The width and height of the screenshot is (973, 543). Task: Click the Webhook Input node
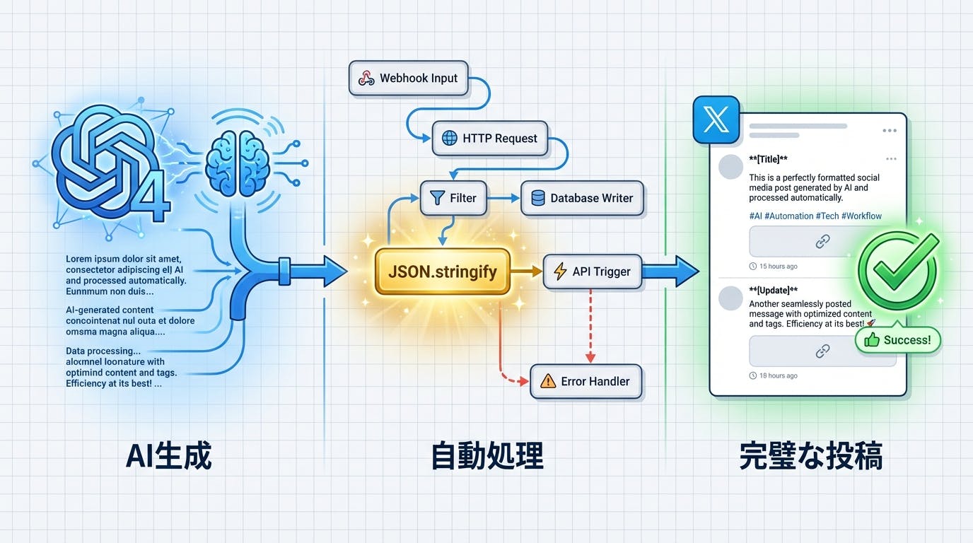(x=408, y=78)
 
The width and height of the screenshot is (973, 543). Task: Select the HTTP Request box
(x=490, y=139)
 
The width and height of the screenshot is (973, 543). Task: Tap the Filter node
(x=453, y=198)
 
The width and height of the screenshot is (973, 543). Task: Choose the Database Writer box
(x=582, y=198)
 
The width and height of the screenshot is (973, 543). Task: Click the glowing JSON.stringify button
(x=443, y=271)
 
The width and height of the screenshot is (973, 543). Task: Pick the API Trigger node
(x=592, y=271)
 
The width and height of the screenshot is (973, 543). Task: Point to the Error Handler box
(x=585, y=381)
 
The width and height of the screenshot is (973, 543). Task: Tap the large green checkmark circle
(x=897, y=271)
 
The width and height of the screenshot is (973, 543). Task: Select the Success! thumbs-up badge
(x=898, y=340)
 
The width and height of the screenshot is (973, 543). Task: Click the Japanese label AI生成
(x=168, y=457)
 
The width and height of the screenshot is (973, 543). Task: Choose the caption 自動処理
(x=487, y=457)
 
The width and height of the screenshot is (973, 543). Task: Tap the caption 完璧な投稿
(x=810, y=457)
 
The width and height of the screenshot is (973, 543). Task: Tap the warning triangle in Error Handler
(x=548, y=382)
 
